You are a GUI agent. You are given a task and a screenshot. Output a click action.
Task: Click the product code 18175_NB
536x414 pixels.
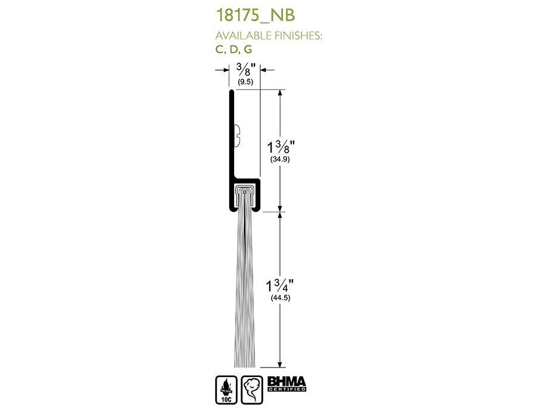click(255, 16)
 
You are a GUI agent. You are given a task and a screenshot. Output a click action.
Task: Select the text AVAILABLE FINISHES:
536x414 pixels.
click(269, 36)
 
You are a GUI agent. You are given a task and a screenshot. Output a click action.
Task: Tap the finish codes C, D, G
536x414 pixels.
click(234, 50)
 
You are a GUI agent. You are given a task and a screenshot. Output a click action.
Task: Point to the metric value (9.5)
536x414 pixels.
click(245, 82)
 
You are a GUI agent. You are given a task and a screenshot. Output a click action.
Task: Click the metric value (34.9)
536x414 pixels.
click(281, 159)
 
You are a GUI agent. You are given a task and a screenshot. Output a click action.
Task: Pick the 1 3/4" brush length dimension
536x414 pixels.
click(280, 286)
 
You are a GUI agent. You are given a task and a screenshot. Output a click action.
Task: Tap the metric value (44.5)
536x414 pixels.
click(281, 298)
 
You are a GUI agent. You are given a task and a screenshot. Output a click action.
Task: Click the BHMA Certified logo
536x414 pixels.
click(286, 384)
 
